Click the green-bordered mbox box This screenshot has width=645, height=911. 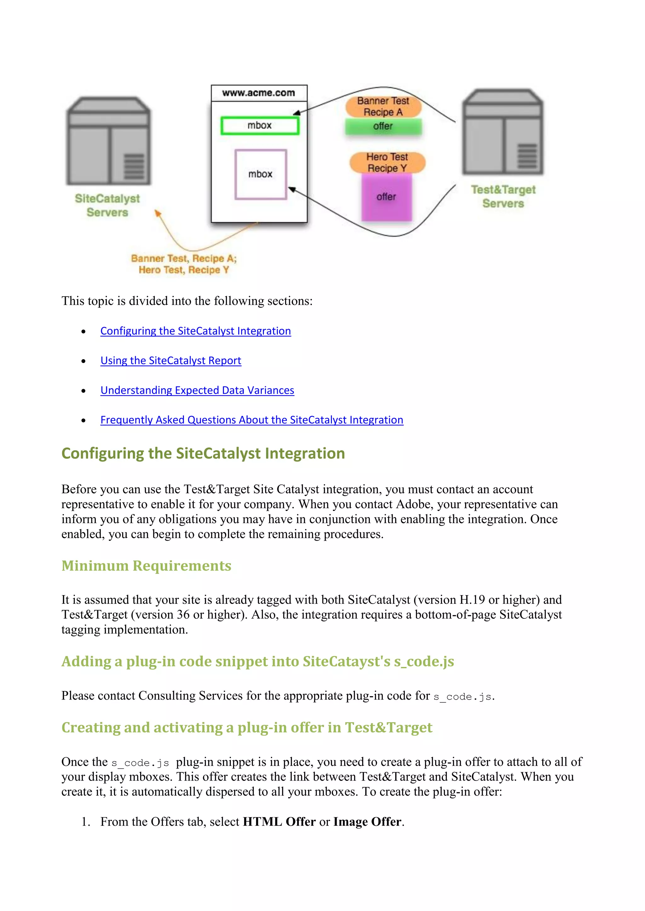pos(260,126)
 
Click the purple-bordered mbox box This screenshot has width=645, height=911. pos(260,174)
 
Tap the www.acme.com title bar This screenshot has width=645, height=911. pos(259,93)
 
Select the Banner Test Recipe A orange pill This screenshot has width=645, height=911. pos(383,106)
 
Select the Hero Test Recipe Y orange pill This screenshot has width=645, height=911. pos(387,163)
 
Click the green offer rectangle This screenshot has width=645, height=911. pos(383,126)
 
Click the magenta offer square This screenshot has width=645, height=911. pos(386,197)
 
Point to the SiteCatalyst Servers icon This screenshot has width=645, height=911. pos(108,141)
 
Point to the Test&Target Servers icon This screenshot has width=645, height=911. pos(503,132)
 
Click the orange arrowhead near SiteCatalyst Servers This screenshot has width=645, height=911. pos(158,214)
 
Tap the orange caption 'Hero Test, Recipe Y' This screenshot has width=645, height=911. pos(184,270)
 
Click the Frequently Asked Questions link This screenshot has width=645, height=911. pos(252,420)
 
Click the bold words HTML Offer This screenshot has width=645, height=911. pos(279,822)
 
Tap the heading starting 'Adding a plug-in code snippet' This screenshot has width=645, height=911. pos(257,662)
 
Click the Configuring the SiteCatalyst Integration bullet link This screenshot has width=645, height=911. pos(195,331)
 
